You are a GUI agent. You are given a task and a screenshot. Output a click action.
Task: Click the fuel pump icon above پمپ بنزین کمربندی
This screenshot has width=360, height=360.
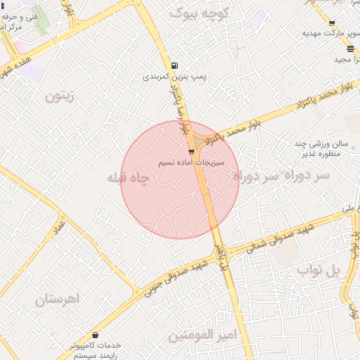(x=174, y=66)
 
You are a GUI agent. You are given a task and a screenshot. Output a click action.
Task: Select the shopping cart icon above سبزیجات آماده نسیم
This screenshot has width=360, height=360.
(x=191, y=151)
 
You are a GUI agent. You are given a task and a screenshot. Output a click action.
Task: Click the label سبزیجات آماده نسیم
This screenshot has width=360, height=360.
(x=200, y=162)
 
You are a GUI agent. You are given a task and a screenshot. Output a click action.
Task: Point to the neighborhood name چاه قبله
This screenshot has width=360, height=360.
(x=129, y=179)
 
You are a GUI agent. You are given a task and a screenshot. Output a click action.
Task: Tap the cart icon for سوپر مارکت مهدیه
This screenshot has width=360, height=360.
(x=331, y=23)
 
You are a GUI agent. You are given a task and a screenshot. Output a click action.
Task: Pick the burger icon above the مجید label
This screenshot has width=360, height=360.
(x=350, y=49)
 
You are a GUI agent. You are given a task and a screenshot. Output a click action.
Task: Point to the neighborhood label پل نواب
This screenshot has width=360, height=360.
(x=318, y=270)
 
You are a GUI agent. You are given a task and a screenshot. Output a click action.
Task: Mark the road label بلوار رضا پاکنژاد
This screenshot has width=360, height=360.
(x=181, y=109)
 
